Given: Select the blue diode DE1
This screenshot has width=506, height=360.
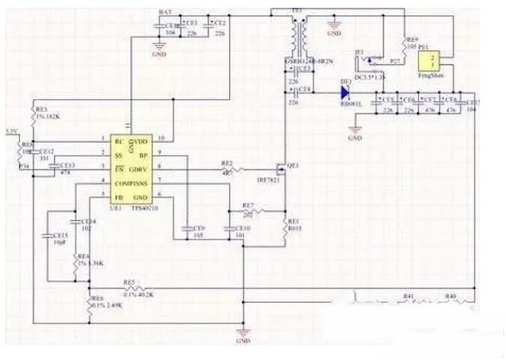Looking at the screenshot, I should coord(346,93).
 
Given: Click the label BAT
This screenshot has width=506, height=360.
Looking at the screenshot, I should coord(165,13).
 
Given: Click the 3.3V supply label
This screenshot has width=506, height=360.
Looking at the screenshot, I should coord(10,131).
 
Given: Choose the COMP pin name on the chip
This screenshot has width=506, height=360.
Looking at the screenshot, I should coord(121,183).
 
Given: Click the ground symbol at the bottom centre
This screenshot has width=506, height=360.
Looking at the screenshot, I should coord(242,332).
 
